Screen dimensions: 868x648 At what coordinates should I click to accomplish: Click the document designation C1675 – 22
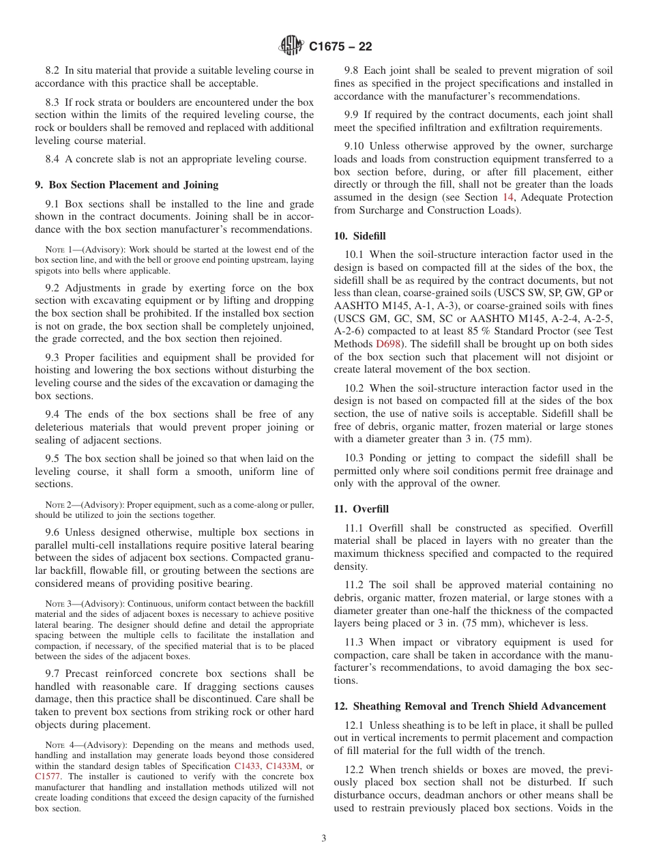pos(340,47)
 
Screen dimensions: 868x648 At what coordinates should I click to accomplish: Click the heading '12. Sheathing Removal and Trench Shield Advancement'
pos(469,706)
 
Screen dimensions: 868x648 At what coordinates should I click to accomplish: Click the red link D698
pos(387,344)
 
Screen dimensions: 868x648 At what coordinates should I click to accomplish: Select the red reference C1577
pos(47,776)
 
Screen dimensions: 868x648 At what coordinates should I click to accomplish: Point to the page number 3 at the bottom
pos(324,839)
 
